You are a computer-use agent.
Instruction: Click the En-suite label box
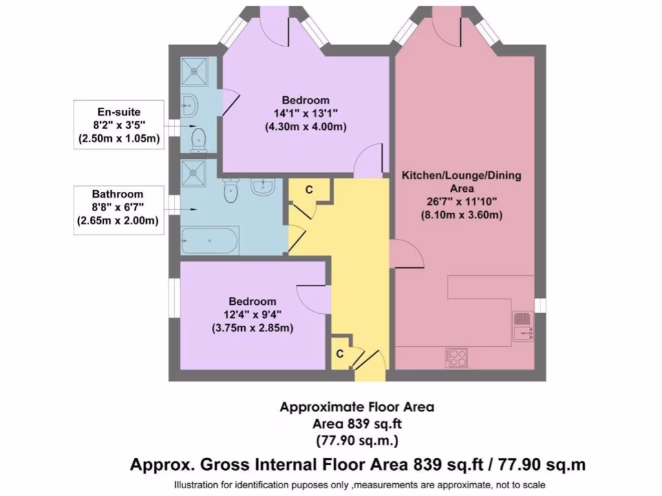coord(119,125)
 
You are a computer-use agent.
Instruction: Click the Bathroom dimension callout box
coord(118,207)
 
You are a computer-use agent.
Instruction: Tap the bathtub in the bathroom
coord(209,240)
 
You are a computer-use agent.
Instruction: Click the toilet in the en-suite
coord(198,138)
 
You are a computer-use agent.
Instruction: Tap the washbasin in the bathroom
coord(263,187)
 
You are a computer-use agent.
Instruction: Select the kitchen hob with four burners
coord(456,358)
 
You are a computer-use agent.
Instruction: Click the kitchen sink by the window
coord(523,325)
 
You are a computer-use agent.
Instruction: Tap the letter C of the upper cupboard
coord(309,189)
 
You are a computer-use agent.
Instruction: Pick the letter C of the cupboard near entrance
coord(339,354)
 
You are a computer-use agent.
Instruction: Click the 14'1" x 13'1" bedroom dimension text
coord(305,114)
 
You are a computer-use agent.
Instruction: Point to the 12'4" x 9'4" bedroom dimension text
coord(252,315)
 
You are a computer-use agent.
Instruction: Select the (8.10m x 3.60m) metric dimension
coord(461,215)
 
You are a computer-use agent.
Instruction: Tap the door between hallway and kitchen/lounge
coord(407,255)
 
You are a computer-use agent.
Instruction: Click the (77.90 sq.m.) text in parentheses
coord(356,441)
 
